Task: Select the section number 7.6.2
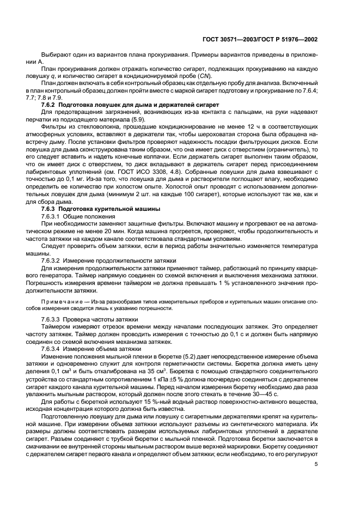pyautogui.click(x=50, y=104)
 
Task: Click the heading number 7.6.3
pyautogui.click(x=50, y=209)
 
